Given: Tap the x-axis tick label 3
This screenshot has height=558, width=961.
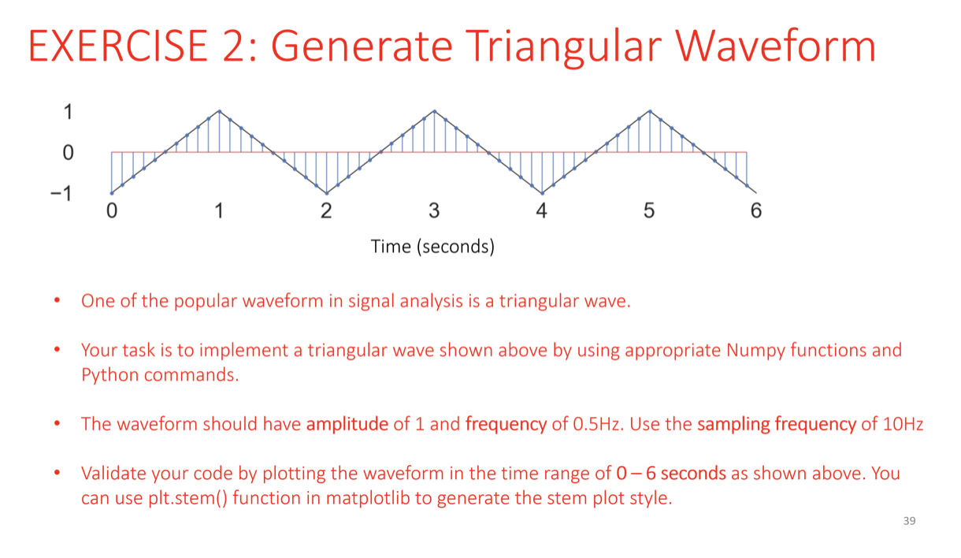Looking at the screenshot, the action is point(434,210).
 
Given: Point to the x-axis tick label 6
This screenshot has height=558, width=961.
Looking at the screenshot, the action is point(756,210).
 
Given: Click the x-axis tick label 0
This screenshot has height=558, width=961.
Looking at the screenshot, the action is point(112,210).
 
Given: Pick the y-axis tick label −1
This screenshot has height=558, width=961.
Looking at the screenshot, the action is point(61,194).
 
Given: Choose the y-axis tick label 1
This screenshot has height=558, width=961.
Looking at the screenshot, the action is point(68,112).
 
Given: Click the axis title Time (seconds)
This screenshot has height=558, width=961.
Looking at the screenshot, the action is point(432,247).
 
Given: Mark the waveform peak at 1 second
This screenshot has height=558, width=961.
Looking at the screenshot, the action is point(220,111).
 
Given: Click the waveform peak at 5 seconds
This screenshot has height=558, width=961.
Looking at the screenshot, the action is point(650,111).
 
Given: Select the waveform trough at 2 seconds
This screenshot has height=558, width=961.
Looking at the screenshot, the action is point(327,193).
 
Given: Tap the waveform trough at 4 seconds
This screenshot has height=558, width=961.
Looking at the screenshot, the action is point(542,193).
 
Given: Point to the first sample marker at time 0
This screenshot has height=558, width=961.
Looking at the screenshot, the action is point(112,193).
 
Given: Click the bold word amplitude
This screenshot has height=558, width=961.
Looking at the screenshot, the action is point(347,425).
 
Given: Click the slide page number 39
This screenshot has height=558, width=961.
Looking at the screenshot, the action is point(910,521).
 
